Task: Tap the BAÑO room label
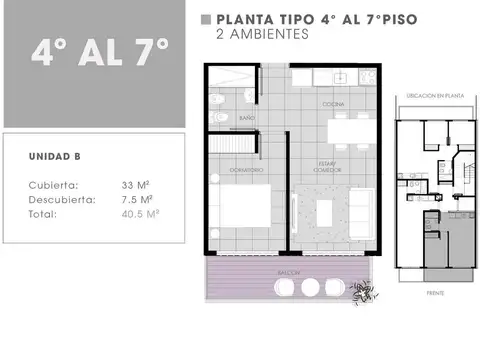(x=246, y=118)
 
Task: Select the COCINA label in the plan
(x=333, y=104)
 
